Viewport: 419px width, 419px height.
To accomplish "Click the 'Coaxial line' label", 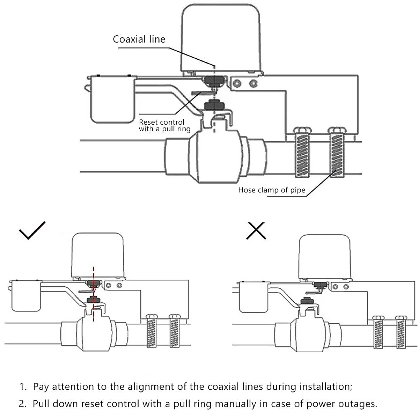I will [x=139, y=39].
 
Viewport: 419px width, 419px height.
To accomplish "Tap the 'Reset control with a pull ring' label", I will [x=164, y=126].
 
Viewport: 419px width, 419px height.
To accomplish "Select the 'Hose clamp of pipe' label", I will [x=272, y=190].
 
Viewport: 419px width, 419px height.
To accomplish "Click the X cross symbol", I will [x=256, y=230].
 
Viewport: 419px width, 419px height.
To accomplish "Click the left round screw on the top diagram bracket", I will [x=237, y=83].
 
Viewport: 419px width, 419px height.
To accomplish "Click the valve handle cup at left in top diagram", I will [x=112, y=100].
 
